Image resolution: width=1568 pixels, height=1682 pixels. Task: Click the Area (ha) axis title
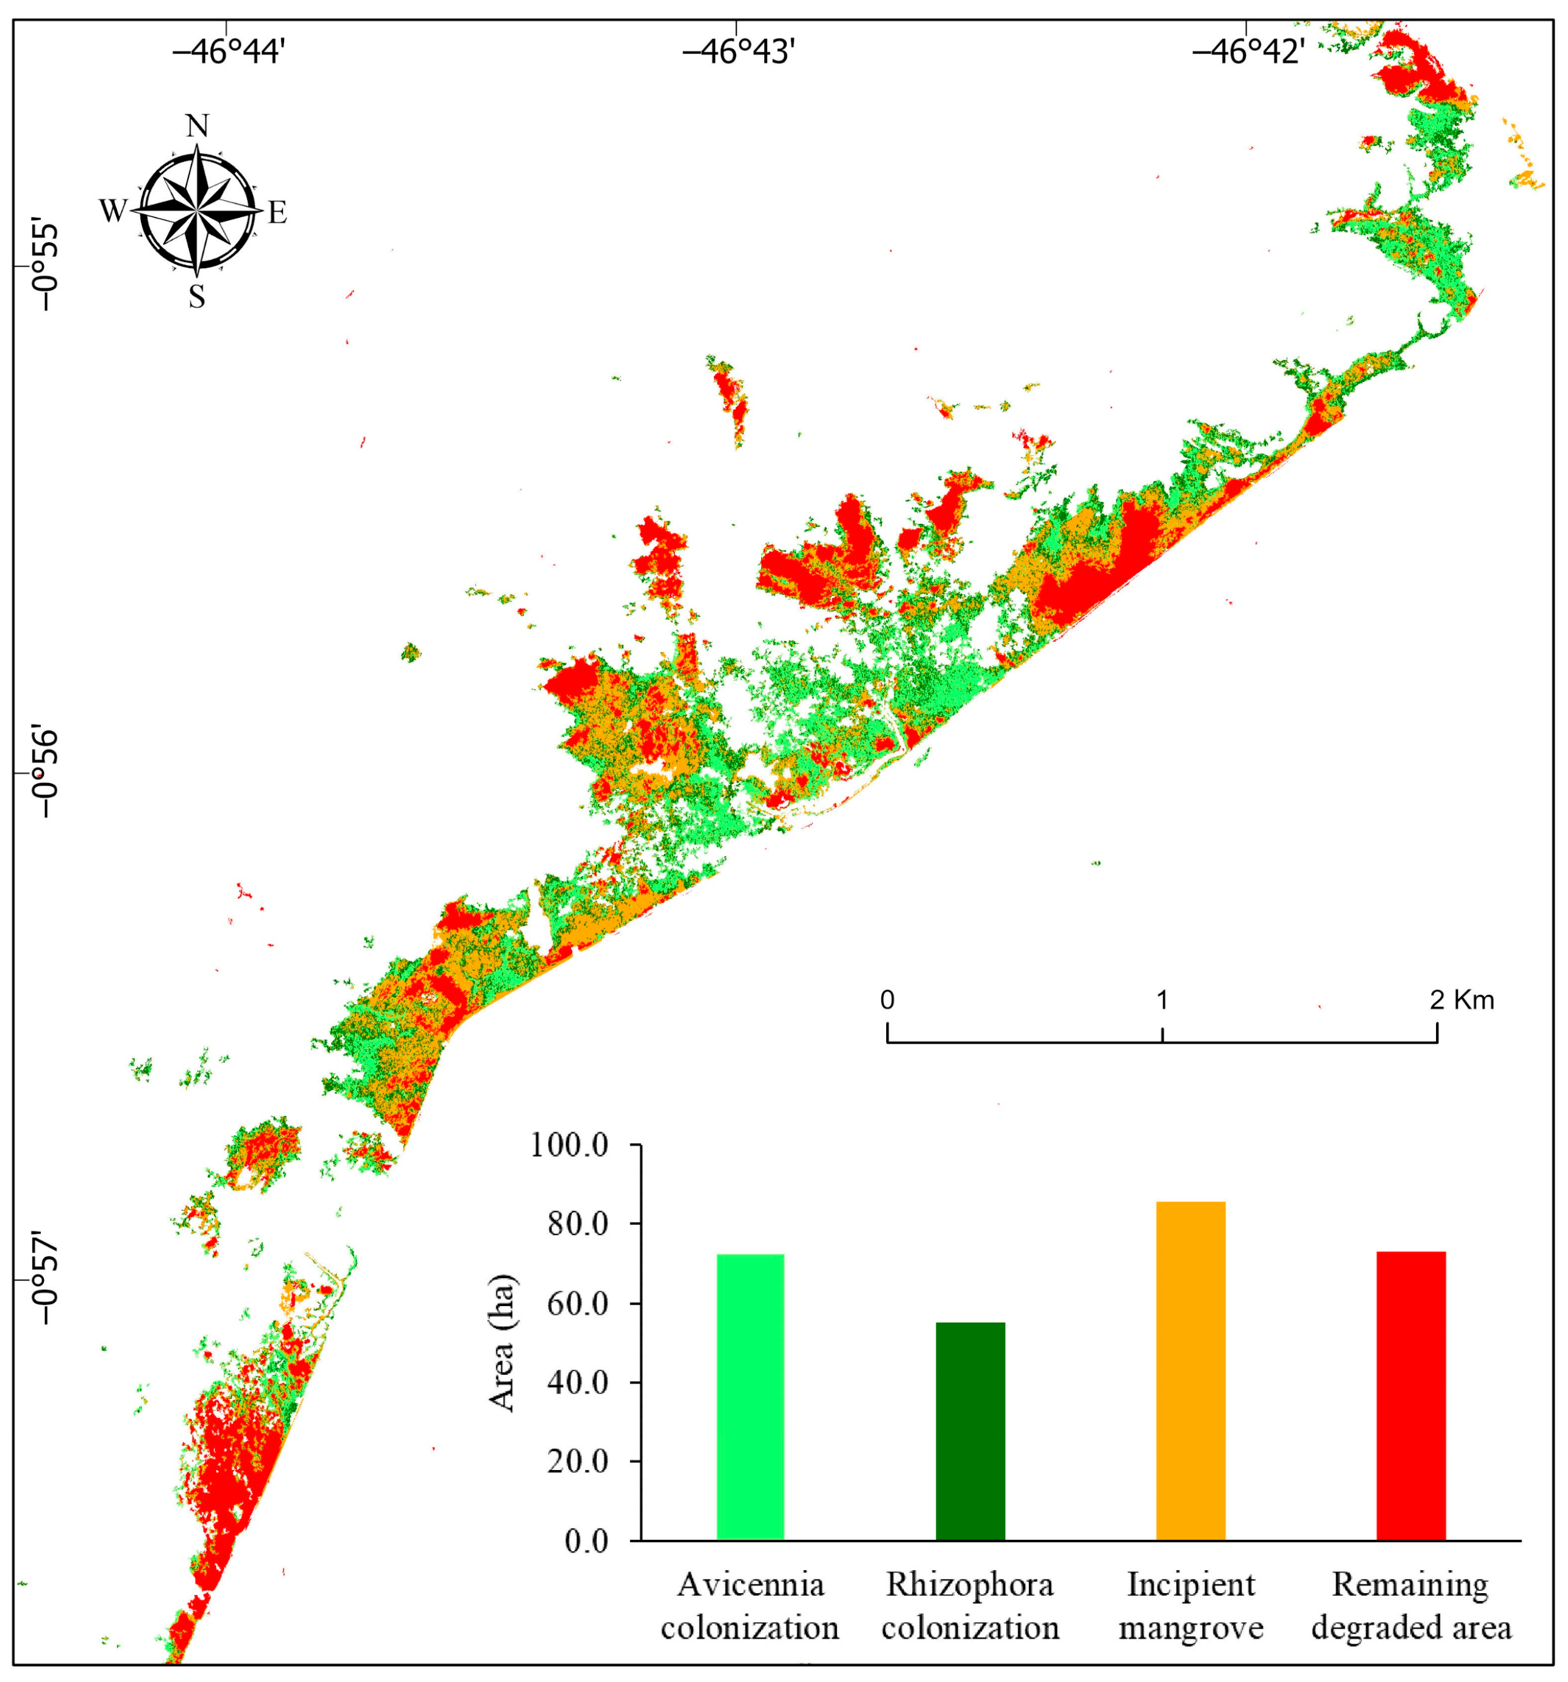(x=503, y=1343)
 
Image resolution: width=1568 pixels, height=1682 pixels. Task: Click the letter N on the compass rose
(x=197, y=126)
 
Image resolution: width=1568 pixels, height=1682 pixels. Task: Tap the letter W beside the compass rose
(x=112, y=211)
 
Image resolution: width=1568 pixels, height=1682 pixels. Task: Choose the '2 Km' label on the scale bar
(x=1461, y=1000)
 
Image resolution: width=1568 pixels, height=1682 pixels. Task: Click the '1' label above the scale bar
(x=1162, y=1000)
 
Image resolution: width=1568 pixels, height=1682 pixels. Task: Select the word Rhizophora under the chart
(x=970, y=1585)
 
